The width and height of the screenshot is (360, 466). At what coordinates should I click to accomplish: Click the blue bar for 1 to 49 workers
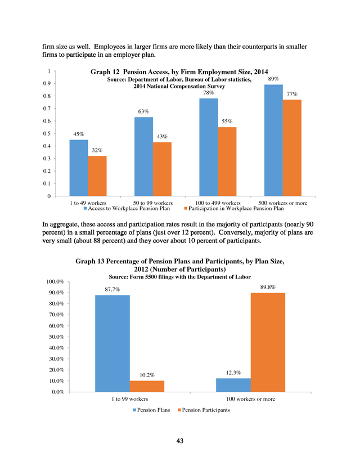pos(79,168)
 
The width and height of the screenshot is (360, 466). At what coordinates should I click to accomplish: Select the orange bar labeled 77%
pos(292,147)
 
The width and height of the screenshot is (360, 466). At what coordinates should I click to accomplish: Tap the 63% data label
pos(143,111)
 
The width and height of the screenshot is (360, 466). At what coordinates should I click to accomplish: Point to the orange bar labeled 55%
pos(227,162)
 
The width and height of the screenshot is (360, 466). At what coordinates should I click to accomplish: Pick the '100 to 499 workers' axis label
pos(218,203)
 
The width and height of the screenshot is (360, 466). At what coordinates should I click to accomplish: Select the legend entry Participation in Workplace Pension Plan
pos(234,208)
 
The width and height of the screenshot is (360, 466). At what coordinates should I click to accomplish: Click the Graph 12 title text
pos(179,72)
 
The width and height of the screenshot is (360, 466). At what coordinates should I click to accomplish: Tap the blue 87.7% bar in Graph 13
pos(112,343)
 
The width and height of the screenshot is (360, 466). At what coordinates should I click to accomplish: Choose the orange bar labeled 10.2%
pos(147,386)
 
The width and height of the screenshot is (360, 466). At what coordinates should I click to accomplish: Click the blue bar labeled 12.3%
pos(233,385)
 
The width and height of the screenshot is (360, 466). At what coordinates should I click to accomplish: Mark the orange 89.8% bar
pos(268,342)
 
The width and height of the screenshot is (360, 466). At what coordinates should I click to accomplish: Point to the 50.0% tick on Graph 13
pos(56,337)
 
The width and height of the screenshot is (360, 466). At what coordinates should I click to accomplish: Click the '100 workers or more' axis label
pos(251,399)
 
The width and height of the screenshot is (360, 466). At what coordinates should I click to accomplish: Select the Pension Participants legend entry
pos(204,410)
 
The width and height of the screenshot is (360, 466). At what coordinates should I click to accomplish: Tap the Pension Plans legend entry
pos(151,410)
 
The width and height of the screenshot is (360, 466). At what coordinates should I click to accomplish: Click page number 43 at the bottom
pos(179,441)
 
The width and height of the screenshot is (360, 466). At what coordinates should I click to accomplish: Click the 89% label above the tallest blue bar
pos(273,79)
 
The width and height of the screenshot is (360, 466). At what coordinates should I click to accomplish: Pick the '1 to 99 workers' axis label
pos(130,399)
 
